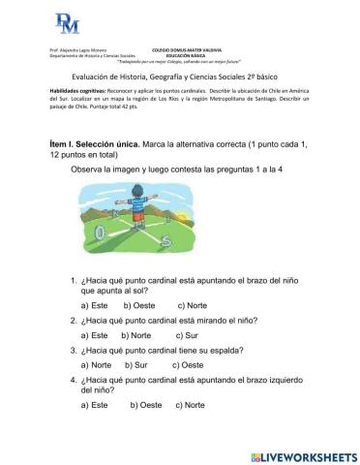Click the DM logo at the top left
67,21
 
